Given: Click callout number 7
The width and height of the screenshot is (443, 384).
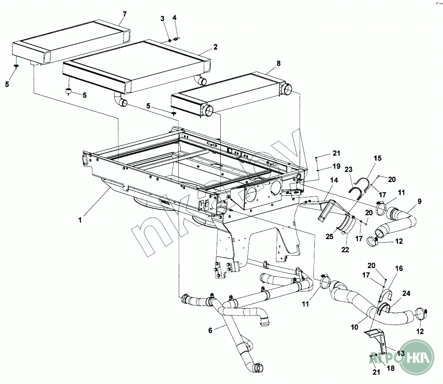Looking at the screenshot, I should pyautogui.click(x=124, y=14).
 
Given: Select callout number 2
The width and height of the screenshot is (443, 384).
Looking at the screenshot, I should pyautogui.click(x=215, y=47).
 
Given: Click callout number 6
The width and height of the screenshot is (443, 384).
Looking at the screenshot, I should pyautogui.click(x=210, y=330).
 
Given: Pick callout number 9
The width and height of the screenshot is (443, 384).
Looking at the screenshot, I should pyautogui.click(x=419, y=201).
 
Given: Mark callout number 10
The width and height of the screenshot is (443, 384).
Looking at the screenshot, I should pyautogui.click(x=354, y=328).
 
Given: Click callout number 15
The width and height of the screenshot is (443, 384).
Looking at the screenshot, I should pyautogui.click(x=377, y=159).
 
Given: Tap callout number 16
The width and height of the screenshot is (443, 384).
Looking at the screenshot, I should pyautogui.click(x=399, y=268).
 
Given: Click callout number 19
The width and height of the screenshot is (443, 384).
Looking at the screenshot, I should pyautogui.click(x=336, y=166).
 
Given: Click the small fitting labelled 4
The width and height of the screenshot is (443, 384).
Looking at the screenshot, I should pyautogui.click(x=177, y=39).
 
